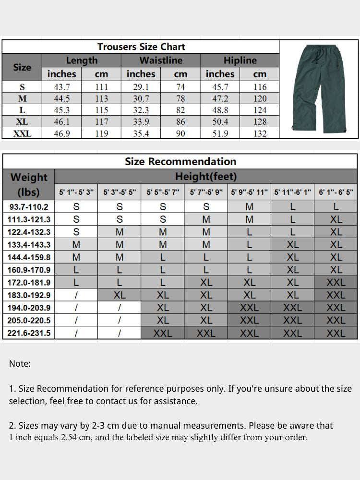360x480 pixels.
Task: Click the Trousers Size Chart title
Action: (x=141, y=47)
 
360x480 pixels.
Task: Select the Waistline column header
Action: (x=161, y=60)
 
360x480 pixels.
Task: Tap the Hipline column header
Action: (x=240, y=60)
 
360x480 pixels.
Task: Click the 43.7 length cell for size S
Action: (x=62, y=87)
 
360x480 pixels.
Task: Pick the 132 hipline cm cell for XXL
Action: (x=260, y=134)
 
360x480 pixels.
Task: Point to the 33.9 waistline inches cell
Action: (x=141, y=122)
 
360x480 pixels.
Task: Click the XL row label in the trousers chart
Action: (x=22, y=122)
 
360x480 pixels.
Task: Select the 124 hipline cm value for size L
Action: (x=260, y=110)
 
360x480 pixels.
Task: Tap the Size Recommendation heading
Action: (x=180, y=161)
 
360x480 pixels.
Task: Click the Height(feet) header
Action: (x=206, y=177)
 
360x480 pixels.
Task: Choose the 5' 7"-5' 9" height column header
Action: (x=206, y=192)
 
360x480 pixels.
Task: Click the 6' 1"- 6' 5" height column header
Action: (x=336, y=192)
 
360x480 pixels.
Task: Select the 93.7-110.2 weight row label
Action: (x=29, y=207)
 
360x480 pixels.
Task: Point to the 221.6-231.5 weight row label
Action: (x=29, y=333)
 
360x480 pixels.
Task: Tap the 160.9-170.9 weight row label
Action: (x=29, y=270)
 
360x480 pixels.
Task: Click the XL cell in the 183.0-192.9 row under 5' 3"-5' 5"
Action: (x=120, y=295)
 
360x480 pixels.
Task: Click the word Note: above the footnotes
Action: (x=20, y=363)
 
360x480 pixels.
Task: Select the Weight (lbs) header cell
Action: (x=29, y=184)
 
